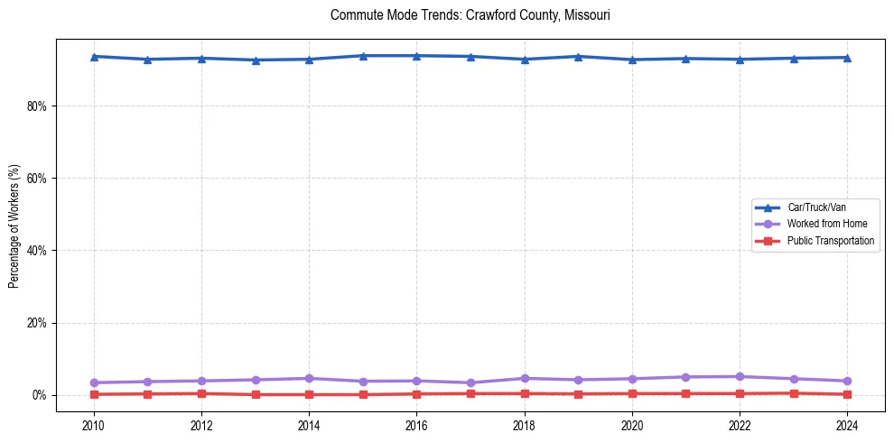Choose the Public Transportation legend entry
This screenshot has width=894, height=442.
pyautogui.click(x=830, y=241)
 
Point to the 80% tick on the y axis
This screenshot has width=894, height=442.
pyautogui.click(x=37, y=106)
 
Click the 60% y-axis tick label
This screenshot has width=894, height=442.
pyautogui.click(x=37, y=178)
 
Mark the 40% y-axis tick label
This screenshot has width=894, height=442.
pyautogui.click(x=37, y=250)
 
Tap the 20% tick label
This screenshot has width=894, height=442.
pyautogui.click(x=37, y=323)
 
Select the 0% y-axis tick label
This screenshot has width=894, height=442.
pyautogui.click(x=40, y=395)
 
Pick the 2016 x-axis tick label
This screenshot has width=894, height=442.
pyautogui.click(x=417, y=425)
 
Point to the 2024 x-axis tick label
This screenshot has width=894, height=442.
pyautogui.click(x=848, y=425)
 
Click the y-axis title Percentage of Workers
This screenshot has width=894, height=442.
pyautogui.click(x=14, y=226)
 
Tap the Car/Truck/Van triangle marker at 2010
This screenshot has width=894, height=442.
pyautogui.click(x=94, y=57)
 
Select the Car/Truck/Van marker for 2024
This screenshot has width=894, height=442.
pyautogui.click(x=848, y=58)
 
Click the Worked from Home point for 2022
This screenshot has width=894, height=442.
pyautogui.click(x=740, y=376)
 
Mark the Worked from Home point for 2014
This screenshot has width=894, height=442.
pyautogui.click(x=310, y=378)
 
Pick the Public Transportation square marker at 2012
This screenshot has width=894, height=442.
pyautogui.click(x=201, y=393)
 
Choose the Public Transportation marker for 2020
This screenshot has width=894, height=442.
pyautogui.click(x=632, y=393)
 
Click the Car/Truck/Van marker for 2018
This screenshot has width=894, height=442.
pyautogui.click(x=525, y=60)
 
